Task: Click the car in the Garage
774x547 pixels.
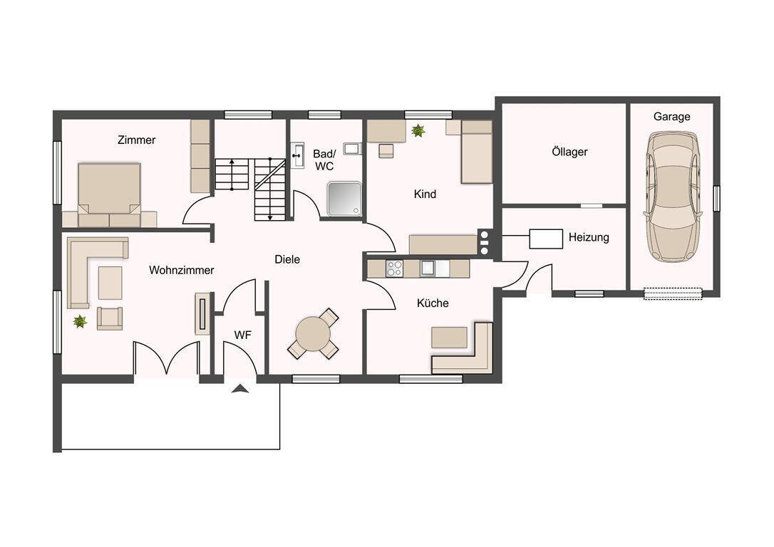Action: (x=672, y=197)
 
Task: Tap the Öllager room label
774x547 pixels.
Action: (x=569, y=152)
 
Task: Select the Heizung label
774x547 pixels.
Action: (x=589, y=237)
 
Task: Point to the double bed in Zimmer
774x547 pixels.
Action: (x=109, y=195)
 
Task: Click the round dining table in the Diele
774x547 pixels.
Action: (x=313, y=333)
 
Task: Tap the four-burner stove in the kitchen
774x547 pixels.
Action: (x=394, y=269)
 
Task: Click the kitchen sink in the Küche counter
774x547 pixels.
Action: (x=427, y=269)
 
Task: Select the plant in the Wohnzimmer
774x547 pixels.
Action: (x=80, y=322)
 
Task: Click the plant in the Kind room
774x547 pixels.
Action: (x=418, y=131)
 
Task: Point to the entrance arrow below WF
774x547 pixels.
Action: (x=240, y=389)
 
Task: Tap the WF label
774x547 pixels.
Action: (x=242, y=335)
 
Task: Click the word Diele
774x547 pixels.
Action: (x=287, y=259)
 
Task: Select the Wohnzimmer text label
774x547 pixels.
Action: (x=181, y=270)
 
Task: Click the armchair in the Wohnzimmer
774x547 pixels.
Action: (x=110, y=318)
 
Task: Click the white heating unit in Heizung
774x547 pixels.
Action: (x=546, y=239)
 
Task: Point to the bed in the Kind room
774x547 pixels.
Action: (x=476, y=152)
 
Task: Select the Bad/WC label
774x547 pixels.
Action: (x=324, y=160)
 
